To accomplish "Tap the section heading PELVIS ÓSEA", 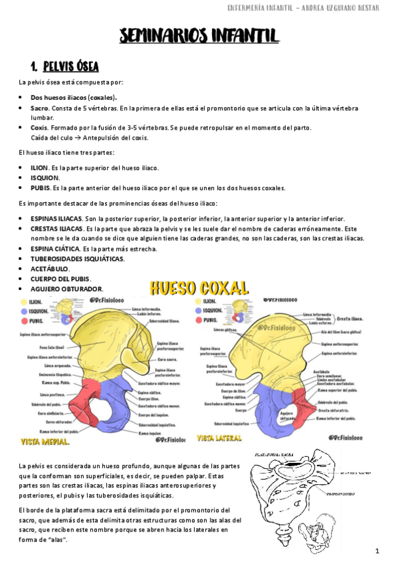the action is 70,67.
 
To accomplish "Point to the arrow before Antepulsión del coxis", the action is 77,138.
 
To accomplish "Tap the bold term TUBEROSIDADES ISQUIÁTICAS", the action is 78,259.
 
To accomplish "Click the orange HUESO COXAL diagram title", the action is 199,288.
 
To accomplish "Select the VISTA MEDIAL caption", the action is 47,440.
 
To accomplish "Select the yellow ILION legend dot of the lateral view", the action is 199,301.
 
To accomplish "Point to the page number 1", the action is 377,551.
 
